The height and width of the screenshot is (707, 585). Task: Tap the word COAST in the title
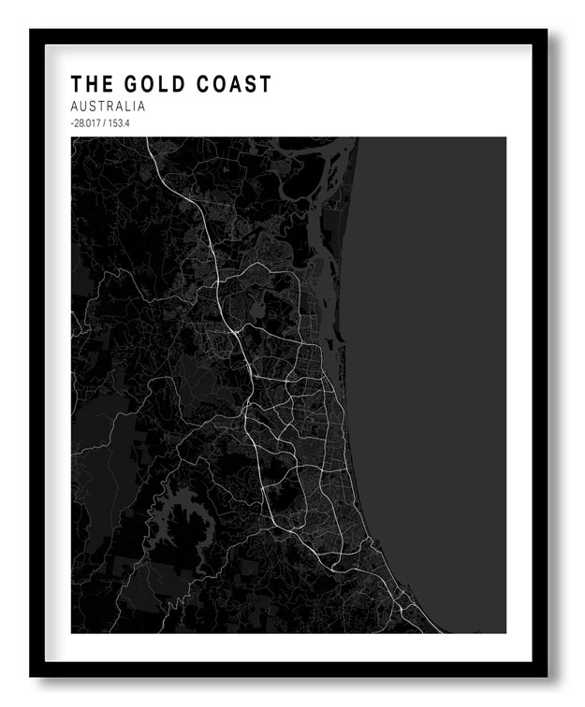click(x=227, y=84)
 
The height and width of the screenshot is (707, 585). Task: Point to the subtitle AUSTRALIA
click(x=108, y=107)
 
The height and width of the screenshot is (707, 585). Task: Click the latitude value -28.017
click(x=86, y=123)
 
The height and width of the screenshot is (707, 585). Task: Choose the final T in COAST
click(x=265, y=84)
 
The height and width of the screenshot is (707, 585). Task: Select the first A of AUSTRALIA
click(x=75, y=107)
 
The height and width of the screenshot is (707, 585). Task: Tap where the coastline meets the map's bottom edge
click(x=438, y=632)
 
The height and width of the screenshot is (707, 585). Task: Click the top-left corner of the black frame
click(x=31, y=31)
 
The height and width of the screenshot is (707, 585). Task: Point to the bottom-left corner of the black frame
click(x=31, y=675)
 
